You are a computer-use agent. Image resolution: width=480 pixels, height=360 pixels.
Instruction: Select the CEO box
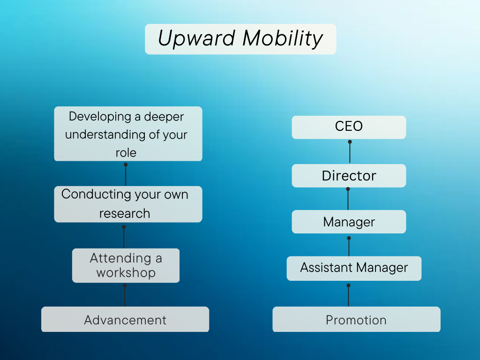349,127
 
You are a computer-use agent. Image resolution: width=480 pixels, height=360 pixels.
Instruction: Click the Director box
349,176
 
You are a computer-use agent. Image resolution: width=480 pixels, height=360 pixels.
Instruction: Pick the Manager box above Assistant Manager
349,222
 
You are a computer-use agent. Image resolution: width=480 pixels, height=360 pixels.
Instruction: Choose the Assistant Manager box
354,268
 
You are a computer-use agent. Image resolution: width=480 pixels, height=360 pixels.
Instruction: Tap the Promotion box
356,320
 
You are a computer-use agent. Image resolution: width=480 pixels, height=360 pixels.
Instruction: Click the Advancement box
125,320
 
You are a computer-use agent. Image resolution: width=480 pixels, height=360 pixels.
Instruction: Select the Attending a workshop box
126,265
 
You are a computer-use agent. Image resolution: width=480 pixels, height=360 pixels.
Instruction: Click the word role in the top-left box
126,153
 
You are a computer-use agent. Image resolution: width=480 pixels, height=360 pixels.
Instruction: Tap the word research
125,213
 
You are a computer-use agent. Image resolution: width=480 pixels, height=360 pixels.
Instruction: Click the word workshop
126,273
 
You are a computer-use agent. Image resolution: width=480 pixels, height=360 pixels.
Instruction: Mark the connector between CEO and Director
350,152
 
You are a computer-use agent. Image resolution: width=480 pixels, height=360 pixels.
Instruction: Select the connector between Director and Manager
348,199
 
